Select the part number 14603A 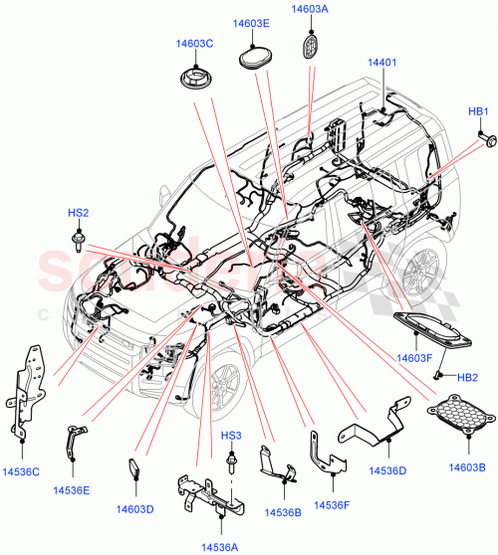310,9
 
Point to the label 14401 381,62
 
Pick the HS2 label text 78,213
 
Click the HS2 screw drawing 78,239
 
